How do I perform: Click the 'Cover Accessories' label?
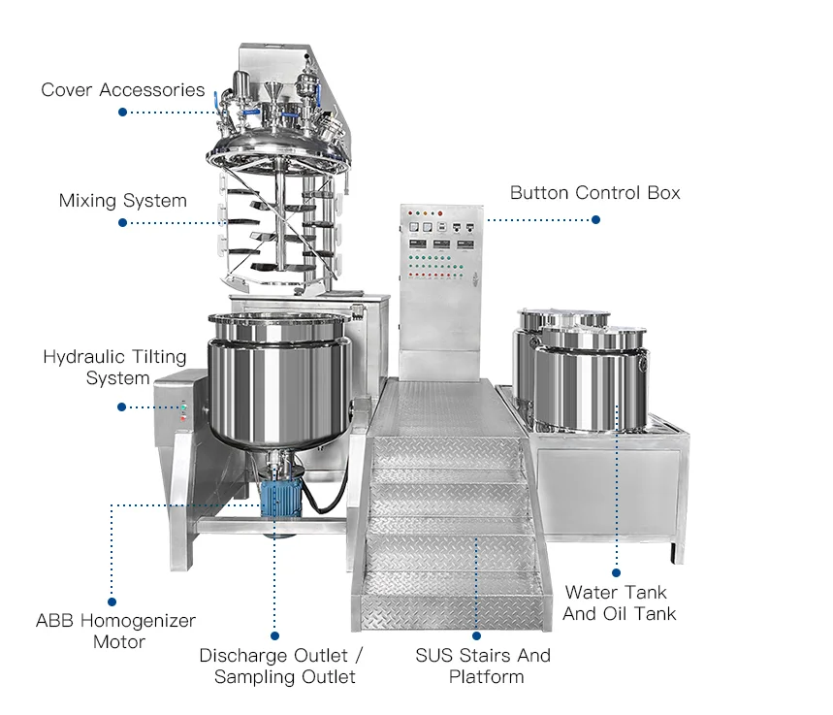click(122, 90)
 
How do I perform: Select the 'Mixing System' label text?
click(122, 201)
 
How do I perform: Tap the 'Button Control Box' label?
click(594, 193)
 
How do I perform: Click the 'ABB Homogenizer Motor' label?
click(115, 631)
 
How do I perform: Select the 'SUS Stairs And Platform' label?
click(483, 666)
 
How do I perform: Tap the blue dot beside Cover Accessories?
click(123, 113)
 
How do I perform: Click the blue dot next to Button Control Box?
click(595, 220)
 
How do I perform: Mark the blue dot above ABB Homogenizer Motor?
click(112, 601)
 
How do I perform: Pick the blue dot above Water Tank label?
click(617, 573)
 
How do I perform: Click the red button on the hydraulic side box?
click(181, 418)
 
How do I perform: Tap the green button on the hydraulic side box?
click(181, 407)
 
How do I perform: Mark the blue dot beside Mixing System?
click(123, 223)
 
